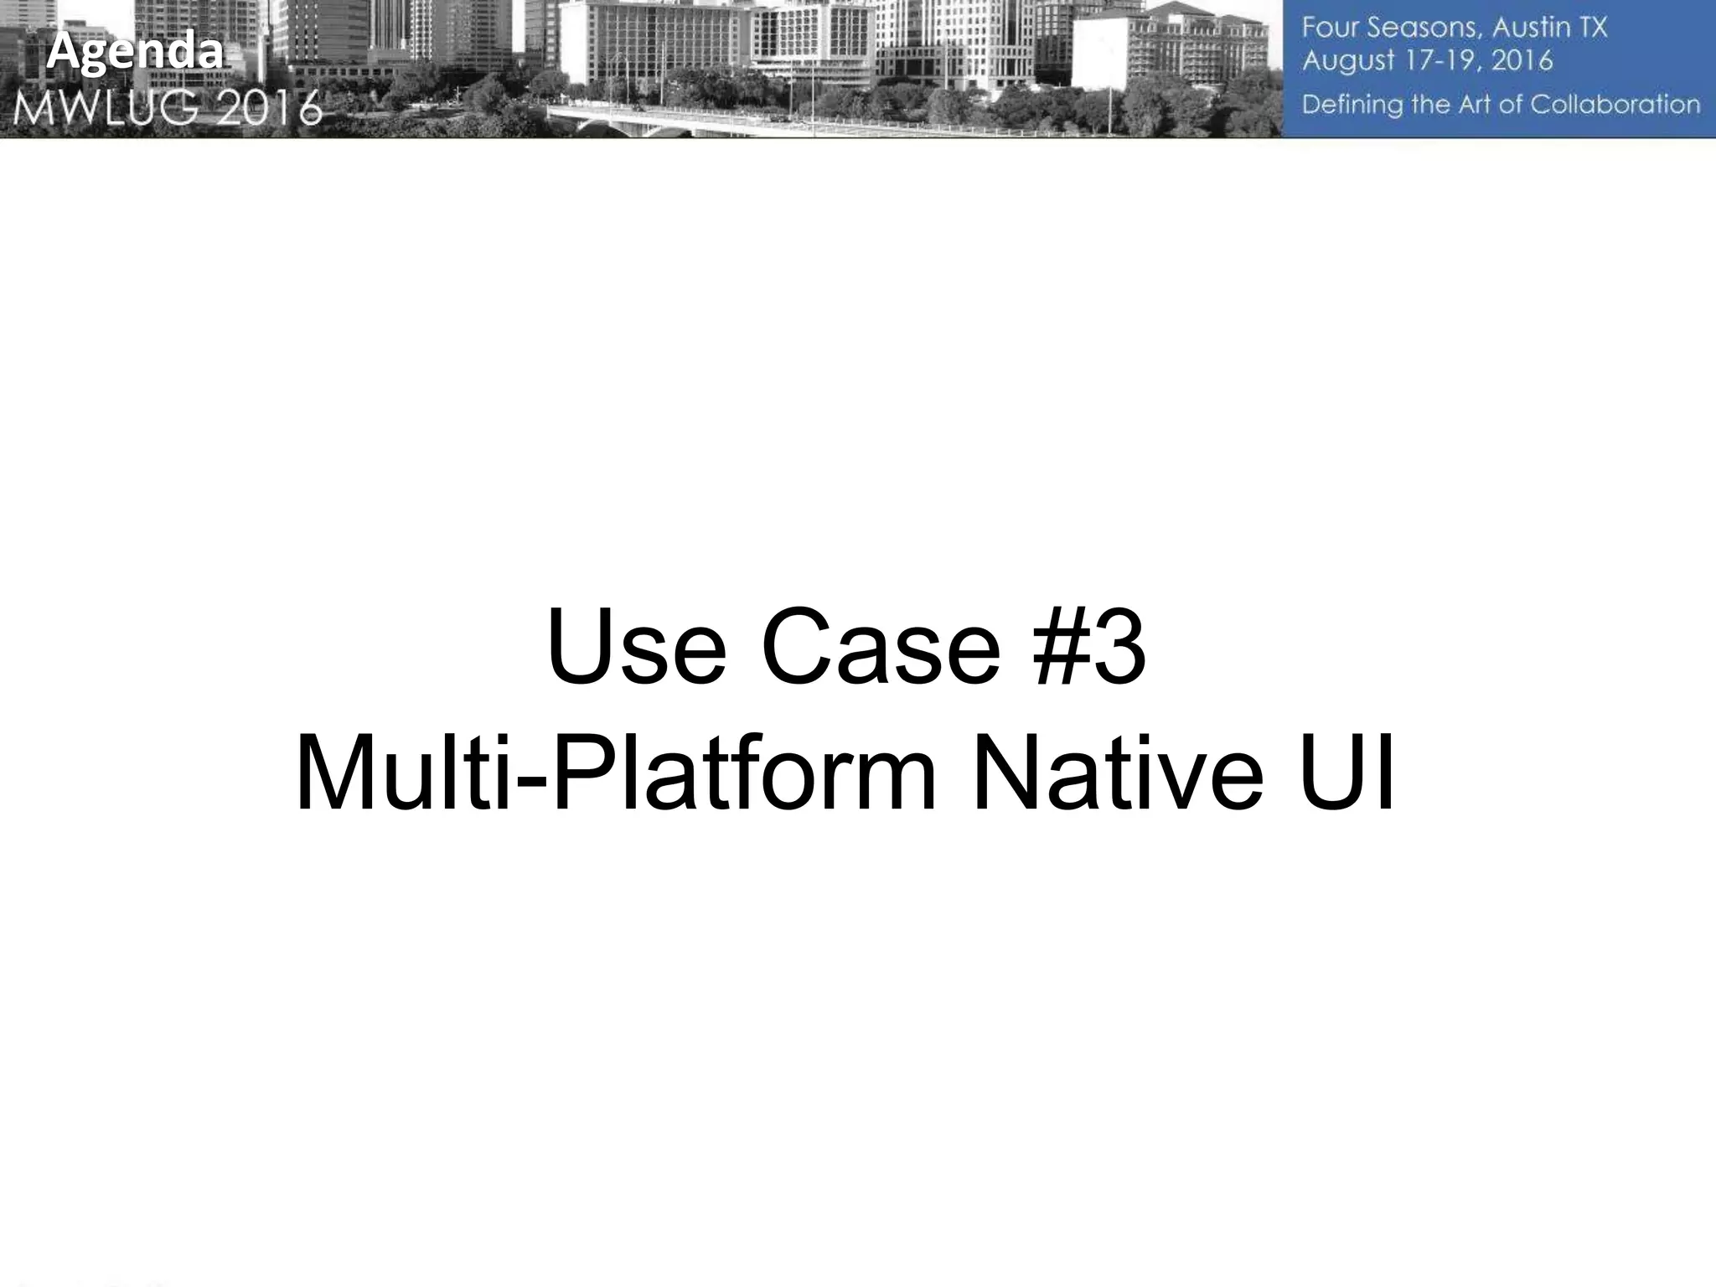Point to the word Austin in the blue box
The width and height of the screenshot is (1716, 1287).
1526,28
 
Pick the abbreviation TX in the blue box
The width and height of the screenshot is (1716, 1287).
1592,28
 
